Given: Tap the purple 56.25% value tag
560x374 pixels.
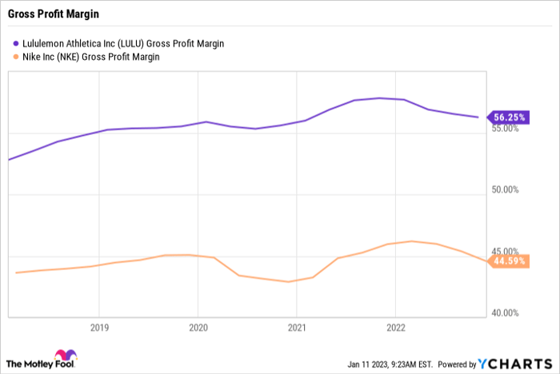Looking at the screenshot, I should (x=509, y=117).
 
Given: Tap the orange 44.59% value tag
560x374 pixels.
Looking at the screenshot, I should (x=509, y=261).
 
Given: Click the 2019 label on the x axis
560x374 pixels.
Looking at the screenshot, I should (x=98, y=328).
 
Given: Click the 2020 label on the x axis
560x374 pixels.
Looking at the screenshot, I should (x=198, y=328).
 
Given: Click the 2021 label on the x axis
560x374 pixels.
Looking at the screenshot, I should (x=297, y=328).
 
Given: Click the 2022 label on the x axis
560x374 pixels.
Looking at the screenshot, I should (x=396, y=328).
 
